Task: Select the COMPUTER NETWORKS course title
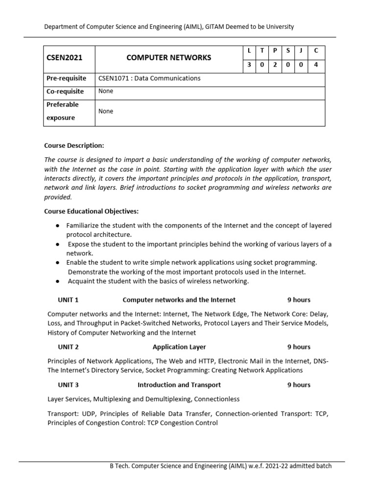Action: [169, 58]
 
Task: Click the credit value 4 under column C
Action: [316, 66]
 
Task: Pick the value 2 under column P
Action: [275, 66]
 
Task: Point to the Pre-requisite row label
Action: [66, 78]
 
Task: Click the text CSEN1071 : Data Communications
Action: [149, 78]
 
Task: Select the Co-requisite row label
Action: [65, 91]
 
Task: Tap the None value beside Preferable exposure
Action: [106, 111]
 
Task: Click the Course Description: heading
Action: [74, 145]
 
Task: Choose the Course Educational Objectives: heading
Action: [92, 211]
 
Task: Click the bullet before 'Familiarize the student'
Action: [58, 226]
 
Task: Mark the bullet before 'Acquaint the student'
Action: [58, 281]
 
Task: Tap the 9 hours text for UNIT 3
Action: [299, 385]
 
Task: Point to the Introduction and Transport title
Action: [179, 385]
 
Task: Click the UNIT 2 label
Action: [68, 347]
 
